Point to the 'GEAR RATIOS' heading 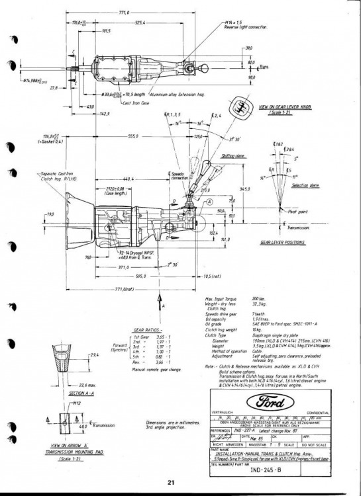click(148, 329)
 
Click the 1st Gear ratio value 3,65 click(163, 337)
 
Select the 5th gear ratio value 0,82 click(160, 356)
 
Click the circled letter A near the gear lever click(209, 202)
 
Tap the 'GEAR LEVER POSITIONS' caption click(285, 243)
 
